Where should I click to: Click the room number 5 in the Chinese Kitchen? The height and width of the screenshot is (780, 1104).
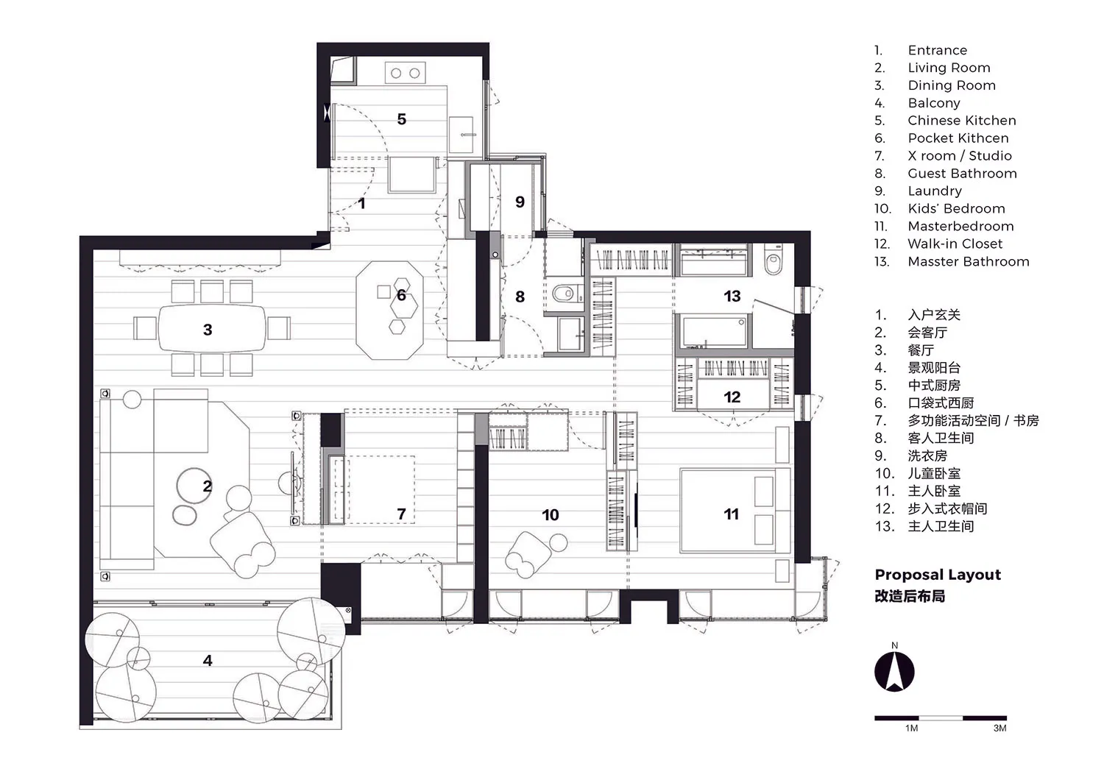pos(402,119)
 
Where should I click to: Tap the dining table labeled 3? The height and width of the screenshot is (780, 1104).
pos(212,328)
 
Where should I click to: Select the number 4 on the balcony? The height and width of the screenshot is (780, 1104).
pos(208,660)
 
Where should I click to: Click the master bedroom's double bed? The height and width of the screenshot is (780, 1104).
pos(735,511)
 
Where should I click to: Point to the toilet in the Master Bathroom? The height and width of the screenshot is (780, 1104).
pos(773,260)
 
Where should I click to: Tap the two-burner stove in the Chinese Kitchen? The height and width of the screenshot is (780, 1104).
pos(405,73)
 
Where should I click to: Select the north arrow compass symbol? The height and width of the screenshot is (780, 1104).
pos(894,671)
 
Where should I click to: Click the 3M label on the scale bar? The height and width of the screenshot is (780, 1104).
pos(999,728)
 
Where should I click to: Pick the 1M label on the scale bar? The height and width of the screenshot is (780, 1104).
pos(911,728)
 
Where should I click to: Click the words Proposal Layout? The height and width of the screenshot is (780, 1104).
pos(938,575)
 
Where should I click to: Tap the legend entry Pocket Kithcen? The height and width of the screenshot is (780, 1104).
pos(958,138)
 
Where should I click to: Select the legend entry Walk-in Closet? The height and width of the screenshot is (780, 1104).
pos(955,244)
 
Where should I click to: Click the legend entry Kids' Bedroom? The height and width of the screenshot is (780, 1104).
pos(956,208)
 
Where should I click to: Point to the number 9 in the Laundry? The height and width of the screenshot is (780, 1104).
pos(520,202)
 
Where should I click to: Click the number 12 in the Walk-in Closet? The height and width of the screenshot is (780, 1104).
pos(732,397)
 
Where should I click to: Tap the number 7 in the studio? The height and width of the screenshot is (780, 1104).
pos(401,514)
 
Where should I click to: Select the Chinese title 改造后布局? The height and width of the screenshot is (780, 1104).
pos(910,596)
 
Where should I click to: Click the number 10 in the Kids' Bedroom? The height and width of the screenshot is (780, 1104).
pos(550,515)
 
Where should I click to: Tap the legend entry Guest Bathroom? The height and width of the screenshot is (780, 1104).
pos(962,174)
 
